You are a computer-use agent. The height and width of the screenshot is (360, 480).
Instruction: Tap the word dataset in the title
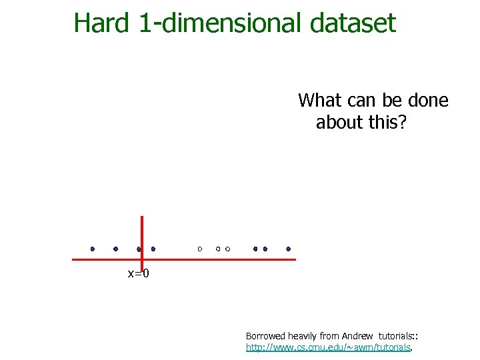tap(353, 23)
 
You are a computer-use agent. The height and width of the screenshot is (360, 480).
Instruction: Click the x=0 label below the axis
tap(138, 273)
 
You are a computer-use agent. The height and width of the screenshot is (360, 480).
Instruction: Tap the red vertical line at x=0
tap(142, 230)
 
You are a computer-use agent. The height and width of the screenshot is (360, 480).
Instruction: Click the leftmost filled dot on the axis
tap(93, 249)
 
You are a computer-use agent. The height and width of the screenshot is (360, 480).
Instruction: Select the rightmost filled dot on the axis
tap(289, 249)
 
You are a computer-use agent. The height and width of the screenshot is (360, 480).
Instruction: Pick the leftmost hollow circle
tap(199, 249)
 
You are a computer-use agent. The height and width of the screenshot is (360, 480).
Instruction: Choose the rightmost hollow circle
tap(228, 249)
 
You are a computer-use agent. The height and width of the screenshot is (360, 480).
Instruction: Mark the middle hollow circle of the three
tap(218, 249)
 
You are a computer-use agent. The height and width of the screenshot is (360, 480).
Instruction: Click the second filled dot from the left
tap(115, 249)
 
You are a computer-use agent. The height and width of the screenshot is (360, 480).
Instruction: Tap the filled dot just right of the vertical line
tap(153, 249)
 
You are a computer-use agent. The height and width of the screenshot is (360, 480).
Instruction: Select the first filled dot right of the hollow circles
tap(255, 249)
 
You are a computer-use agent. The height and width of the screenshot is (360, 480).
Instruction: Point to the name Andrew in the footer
tap(360, 336)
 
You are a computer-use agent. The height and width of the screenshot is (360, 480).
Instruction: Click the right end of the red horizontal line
tap(293, 259)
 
